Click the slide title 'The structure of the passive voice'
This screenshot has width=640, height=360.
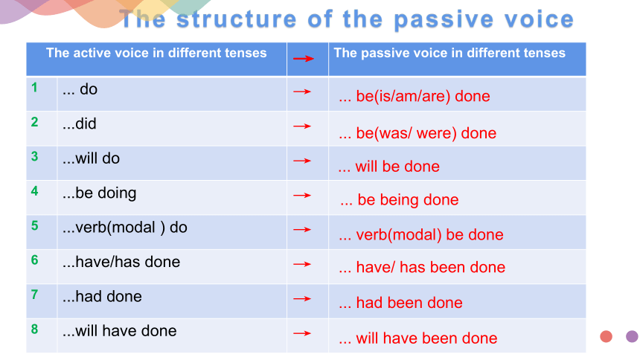347,19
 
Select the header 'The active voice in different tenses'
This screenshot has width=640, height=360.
156,53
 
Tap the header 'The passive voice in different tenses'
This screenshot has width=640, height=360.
449,53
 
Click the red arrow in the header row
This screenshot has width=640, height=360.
304,59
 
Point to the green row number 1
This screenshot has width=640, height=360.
34,87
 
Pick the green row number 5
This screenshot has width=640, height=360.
35,225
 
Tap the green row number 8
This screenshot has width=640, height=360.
35,329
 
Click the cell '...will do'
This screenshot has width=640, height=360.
91,158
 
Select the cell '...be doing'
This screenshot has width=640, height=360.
99,193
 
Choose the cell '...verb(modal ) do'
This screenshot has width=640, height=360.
125,228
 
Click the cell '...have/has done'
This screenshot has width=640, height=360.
121,262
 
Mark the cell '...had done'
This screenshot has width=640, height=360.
102,296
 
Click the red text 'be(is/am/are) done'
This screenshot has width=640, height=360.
423,97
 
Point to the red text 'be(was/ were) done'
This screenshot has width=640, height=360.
426,133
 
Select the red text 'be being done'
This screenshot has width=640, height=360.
408,200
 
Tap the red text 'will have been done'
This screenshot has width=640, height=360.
426,338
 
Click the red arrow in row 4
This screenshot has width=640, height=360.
302,196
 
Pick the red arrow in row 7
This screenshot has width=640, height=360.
302,299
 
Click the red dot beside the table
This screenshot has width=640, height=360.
606,336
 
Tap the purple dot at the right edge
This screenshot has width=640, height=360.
633,336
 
